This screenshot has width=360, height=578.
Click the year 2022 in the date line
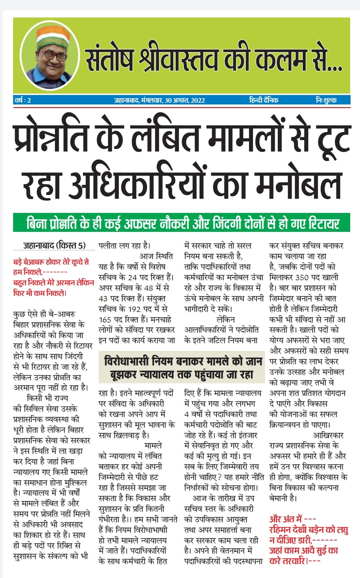197,100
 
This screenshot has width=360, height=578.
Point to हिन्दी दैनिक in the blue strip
264,100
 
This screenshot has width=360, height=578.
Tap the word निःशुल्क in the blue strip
326,100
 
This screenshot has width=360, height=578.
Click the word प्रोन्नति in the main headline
51,138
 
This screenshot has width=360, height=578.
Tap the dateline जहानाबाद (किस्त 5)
54,246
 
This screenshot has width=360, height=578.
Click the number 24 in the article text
143,277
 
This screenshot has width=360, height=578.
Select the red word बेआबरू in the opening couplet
37,262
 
